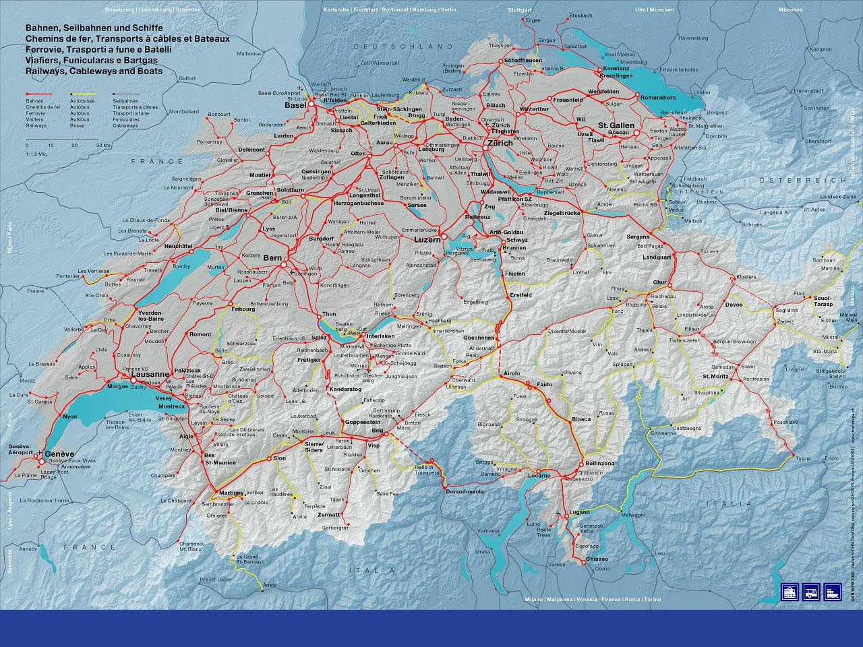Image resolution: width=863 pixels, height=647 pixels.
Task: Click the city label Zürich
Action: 500,143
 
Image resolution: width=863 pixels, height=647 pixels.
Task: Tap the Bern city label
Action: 272,258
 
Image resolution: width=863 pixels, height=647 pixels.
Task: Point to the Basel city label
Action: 295,106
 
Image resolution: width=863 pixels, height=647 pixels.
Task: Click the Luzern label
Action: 427,239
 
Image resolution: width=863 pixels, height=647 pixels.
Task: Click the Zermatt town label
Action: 328,515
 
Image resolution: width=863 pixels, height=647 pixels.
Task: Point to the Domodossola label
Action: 465,492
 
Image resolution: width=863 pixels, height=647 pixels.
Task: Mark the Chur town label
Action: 659,282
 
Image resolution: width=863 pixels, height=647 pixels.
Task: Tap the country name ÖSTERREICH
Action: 802,181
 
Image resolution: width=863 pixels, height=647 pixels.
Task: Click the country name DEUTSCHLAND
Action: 398,47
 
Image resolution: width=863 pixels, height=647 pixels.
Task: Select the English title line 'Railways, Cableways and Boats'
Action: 93,71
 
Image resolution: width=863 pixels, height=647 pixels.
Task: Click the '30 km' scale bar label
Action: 103,145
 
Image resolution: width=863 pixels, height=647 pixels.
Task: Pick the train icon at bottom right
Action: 790,591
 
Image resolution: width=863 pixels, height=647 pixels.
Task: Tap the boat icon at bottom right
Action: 833,591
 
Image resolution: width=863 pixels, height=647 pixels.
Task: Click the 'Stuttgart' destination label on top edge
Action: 520,11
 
